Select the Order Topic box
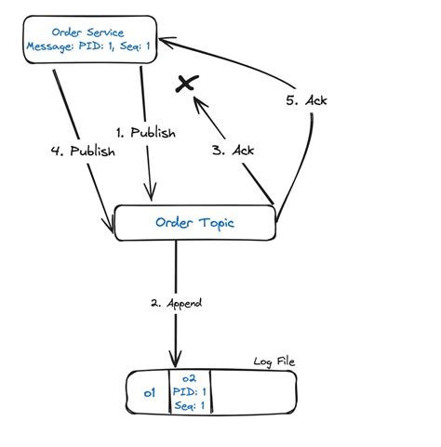(194, 223)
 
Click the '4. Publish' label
(84, 151)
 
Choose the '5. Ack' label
(308, 99)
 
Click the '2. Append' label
(177, 303)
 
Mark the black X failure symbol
(187, 85)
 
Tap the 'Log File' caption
(274, 361)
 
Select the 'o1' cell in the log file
(149, 394)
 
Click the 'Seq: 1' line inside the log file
(189, 406)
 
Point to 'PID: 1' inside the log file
(189, 392)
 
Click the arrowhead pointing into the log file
(174, 362)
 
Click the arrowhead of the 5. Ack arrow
(164, 42)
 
